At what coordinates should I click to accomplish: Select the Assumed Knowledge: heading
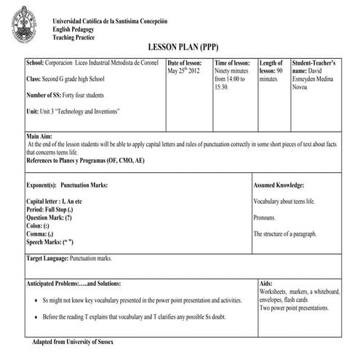[x=279, y=185]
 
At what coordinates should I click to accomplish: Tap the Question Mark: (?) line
[x=49, y=217]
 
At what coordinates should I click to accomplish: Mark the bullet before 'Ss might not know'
[x=36, y=300]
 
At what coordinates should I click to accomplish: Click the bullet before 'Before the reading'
[x=36, y=318]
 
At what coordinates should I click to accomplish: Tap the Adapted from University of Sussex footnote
[x=73, y=341]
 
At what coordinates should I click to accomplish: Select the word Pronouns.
[x=265, y=217]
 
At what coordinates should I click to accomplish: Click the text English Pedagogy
[x=75, y=28]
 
